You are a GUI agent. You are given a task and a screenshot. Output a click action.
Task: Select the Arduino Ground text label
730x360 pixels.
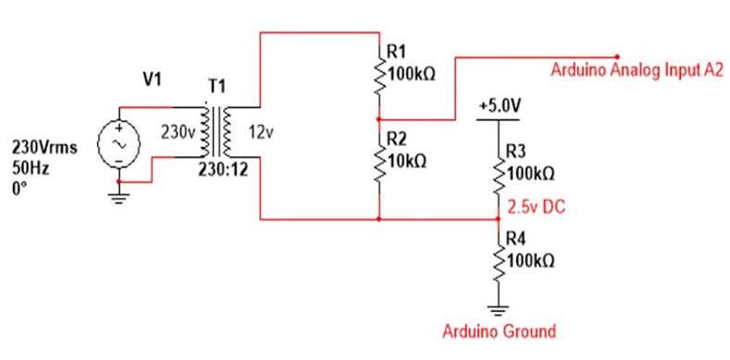tap(499, 331)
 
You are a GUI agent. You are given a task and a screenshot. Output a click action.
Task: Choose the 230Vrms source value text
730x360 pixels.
tap(43, 147)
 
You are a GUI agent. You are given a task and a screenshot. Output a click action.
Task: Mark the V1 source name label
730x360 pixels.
tap(152, 81)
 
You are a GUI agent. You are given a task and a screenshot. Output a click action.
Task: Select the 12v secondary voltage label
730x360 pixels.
tap(262, 134)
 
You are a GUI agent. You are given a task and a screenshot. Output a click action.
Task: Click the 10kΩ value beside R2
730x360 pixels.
tap(407, 161)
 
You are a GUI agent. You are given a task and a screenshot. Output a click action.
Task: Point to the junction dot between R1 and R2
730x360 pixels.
tap(378, 119)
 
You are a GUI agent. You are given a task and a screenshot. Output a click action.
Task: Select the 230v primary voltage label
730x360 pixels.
tap(177, 134)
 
